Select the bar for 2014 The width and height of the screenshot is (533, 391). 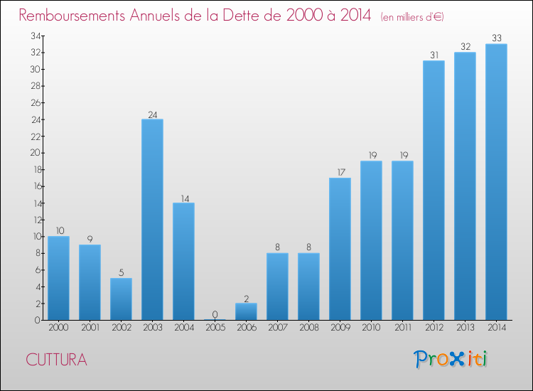pos(496,182)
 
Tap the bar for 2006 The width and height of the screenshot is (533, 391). pos(246,311)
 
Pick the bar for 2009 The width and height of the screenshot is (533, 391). pos(340,249)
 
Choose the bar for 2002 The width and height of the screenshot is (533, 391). pos(121,299)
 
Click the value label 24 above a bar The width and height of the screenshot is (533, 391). pos(152,114)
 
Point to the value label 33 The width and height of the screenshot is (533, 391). pos(496,38)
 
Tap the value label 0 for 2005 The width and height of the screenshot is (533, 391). pos(215,314)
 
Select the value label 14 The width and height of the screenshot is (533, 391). pos(183,198)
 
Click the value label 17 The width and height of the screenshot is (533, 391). pos(340,173)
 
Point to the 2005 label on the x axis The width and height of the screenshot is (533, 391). pos(215,328)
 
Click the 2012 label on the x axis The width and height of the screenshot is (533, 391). pos(434,328)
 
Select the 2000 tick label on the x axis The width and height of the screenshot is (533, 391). pos(58,328)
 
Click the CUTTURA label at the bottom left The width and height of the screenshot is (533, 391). pos(56,360)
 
